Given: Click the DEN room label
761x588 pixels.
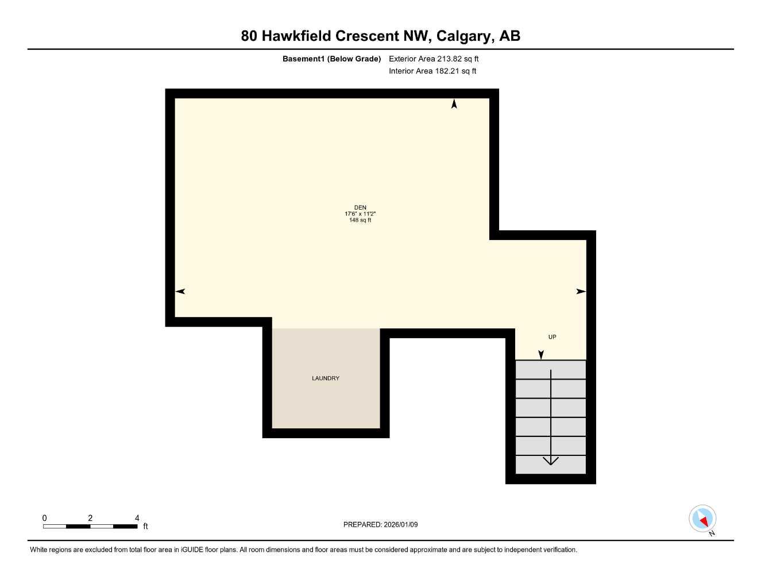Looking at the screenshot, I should click(360, 208).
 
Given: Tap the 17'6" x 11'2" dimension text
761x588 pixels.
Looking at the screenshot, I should click(360, 214).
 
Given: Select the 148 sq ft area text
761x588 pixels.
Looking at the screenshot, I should click(360, 220).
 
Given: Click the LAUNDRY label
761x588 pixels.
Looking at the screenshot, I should click(326, 378).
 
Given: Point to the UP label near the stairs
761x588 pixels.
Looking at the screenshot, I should click(552, 337).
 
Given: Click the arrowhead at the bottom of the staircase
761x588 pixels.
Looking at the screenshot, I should click(551, 461).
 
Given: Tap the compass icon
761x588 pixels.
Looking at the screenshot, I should click(702, 519).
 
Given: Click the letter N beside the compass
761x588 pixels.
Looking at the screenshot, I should click(712, 533).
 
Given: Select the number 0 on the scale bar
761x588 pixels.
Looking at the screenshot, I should click(45, 518).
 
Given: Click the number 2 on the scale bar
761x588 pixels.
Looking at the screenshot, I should click(90, 518).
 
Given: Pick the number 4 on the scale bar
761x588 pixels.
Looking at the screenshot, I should click(137, 518).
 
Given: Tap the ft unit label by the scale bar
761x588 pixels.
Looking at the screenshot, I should click(145, 527).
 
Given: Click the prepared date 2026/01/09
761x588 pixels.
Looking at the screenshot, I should click(400, 525).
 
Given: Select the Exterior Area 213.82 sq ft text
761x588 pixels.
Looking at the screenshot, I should click(434, 59).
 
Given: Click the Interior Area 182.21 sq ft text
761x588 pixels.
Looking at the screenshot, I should click(432, 71).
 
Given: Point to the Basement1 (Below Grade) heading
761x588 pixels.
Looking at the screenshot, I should click(331, 59).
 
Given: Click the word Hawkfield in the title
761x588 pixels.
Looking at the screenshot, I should click(296, 36).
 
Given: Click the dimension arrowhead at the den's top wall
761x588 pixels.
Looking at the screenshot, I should click(454, 104).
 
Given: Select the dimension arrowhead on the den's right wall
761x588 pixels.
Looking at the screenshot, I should click(581, 292).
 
